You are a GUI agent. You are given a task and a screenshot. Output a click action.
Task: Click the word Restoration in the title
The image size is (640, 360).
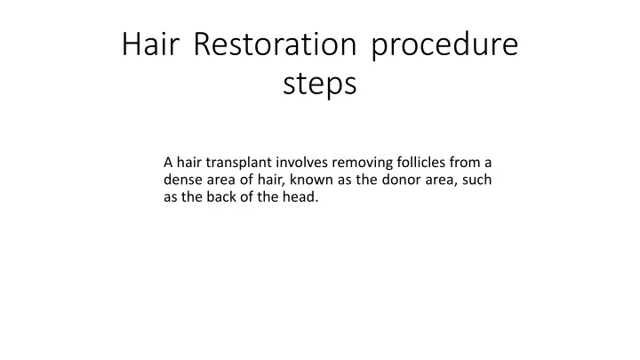[275, 44]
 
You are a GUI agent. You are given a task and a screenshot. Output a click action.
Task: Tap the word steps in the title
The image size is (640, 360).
[320, 85]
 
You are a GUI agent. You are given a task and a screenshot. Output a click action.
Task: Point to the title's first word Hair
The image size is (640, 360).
[150, 44]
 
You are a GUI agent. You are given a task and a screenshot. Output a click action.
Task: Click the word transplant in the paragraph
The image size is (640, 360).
[239, 163]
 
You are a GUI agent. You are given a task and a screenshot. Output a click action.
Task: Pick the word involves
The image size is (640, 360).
[302, 162]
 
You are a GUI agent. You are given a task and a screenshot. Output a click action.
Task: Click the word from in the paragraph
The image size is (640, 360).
[465, 162]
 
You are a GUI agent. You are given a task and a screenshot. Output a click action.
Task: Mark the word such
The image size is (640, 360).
[476, 180]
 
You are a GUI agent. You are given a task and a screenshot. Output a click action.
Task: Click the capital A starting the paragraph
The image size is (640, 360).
[168, 163]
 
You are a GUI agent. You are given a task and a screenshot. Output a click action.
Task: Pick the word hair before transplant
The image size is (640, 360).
[189, 162]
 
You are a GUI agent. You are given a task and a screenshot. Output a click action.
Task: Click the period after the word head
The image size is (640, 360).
[316, 201]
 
